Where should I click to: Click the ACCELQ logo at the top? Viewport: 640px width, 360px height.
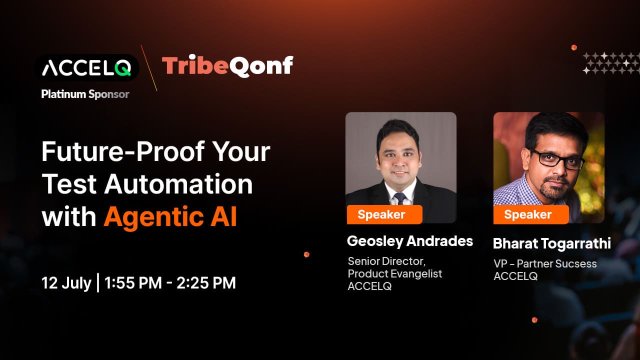coord(86,67)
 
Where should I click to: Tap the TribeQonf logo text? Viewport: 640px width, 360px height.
coord(227,66)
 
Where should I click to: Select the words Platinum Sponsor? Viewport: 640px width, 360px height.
coord(85,94)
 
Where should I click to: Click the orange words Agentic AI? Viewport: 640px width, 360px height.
coord(170,216)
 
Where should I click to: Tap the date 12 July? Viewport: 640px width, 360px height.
coord(66,283)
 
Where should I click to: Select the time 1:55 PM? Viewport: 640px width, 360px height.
coord(133,283)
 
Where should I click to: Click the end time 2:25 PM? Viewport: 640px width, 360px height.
coord(206,283)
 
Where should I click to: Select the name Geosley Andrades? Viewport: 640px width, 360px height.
coord(409,241)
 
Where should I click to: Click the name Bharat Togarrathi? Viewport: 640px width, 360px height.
coord(552,243)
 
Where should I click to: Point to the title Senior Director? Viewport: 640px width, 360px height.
coord(386,261)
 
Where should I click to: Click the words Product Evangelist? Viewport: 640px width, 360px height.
coord(395,273)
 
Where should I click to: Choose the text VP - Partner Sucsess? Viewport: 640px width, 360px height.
coord(545,263)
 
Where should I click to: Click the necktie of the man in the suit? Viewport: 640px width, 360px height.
coord(400,198)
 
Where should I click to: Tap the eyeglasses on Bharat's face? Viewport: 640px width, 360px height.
coord(557,158)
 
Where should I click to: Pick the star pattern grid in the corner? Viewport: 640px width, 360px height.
coord(610,63)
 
